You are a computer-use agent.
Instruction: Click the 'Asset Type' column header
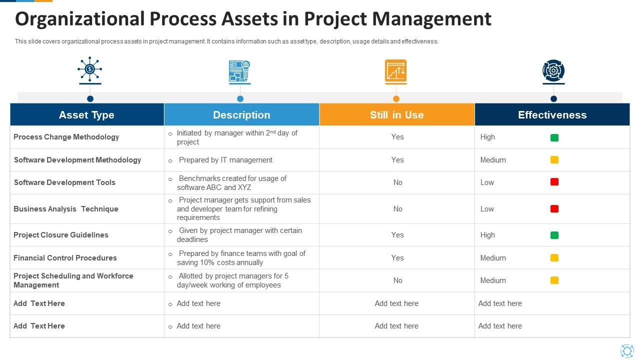(x=86, y=114)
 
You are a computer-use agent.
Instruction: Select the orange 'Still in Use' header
(x=396, y=114)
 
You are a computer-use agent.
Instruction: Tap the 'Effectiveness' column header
(x=552, y=114)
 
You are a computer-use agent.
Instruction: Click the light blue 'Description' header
(x=241, y=114)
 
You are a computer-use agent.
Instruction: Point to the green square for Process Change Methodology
(x=554, y=137)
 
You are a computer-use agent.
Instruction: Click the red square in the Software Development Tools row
(x=554, y=182)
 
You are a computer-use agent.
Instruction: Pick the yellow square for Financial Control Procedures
(x=554, y=258)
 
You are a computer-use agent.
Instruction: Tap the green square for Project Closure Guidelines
(x=554, y=235)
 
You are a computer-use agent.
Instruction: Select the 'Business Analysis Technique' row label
(x=66, y=209)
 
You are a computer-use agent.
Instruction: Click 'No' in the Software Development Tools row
(x=397, y=182)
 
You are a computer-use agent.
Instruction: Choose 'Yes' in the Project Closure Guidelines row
(x=397, y=235)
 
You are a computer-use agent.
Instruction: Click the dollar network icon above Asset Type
(x=90, y=69)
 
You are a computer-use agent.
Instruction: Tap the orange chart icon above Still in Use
(x=396, y=70)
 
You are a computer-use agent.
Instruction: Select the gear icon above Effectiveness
(x=553, y=71)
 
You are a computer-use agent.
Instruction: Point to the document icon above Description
(x=239, y=71)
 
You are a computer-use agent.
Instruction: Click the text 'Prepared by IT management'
(x=225, y=160)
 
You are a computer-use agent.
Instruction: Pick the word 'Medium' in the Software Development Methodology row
(x=493, y=160)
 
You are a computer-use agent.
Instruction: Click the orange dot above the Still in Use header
(x=396, y=98)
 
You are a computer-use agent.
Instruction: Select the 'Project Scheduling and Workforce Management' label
(x=73, y=280)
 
